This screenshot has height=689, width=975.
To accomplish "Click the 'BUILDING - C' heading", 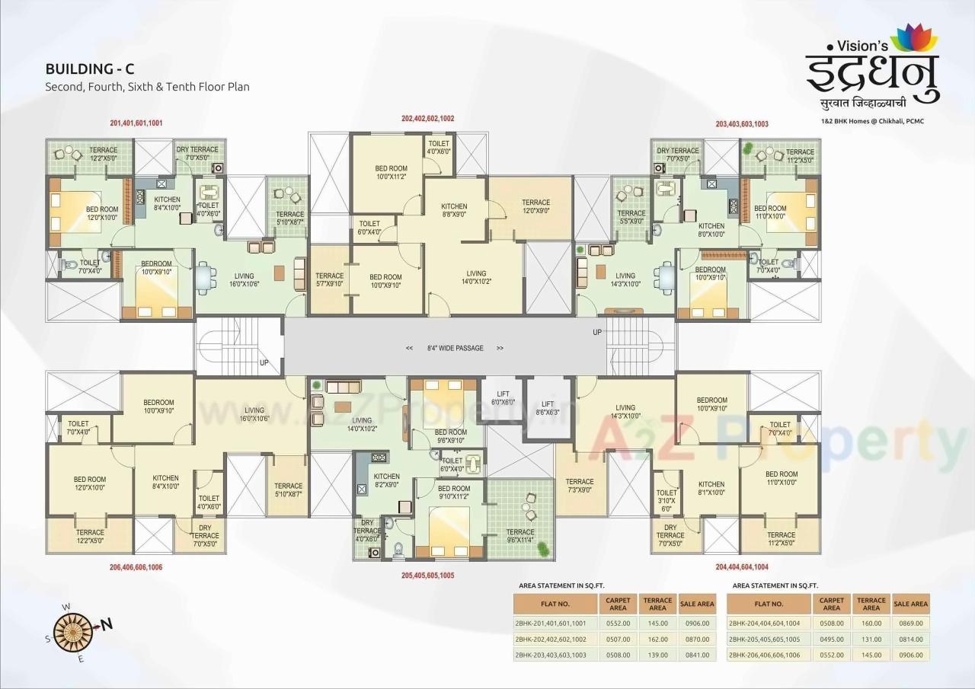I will [90, 69].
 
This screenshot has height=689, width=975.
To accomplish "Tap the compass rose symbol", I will [77, 626].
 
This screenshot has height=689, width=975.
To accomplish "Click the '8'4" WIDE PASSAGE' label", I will [455, 348].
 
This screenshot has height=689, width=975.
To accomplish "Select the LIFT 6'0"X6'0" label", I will [503, 397].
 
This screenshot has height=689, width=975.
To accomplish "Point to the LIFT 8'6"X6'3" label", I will [547, 408].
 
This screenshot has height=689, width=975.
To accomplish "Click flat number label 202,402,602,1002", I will [427, 119].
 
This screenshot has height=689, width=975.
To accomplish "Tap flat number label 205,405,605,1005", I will [427, 576].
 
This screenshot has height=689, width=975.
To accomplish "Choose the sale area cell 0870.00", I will [696, 639].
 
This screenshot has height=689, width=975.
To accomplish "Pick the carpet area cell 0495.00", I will [831, 639].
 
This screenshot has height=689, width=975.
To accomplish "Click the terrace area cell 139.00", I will [657, 655].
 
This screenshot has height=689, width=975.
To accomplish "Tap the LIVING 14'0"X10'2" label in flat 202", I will [476, 277].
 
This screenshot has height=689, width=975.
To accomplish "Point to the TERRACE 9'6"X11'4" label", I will [520, 537].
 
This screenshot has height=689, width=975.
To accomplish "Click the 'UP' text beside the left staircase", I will [264, 363].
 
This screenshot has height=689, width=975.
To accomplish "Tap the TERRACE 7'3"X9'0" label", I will [579, 486].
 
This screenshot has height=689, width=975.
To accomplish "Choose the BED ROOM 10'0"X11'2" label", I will [391, 172].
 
